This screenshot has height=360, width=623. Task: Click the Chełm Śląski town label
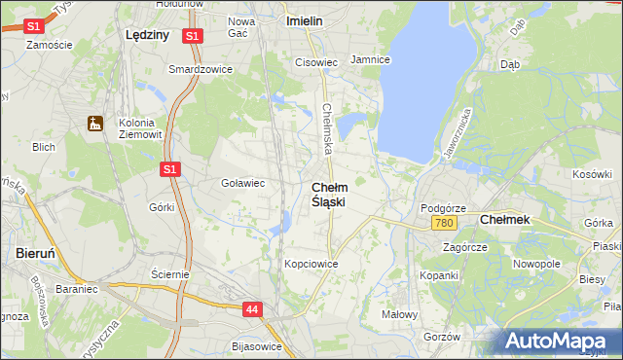(329, 194)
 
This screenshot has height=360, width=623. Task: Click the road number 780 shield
(444, 224)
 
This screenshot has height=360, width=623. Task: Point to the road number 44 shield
(252, 309)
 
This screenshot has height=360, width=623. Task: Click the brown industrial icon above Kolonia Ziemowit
(94, 124)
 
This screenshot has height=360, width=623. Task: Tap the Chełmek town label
(505, 220)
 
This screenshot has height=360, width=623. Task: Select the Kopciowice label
(311, 264)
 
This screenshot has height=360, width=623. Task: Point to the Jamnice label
(370, 59)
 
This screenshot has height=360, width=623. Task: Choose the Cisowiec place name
(315, 62)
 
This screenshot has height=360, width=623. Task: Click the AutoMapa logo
(559, 342)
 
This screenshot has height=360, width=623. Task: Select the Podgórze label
(443, 208)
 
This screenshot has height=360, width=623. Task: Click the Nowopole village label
(537, 264)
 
